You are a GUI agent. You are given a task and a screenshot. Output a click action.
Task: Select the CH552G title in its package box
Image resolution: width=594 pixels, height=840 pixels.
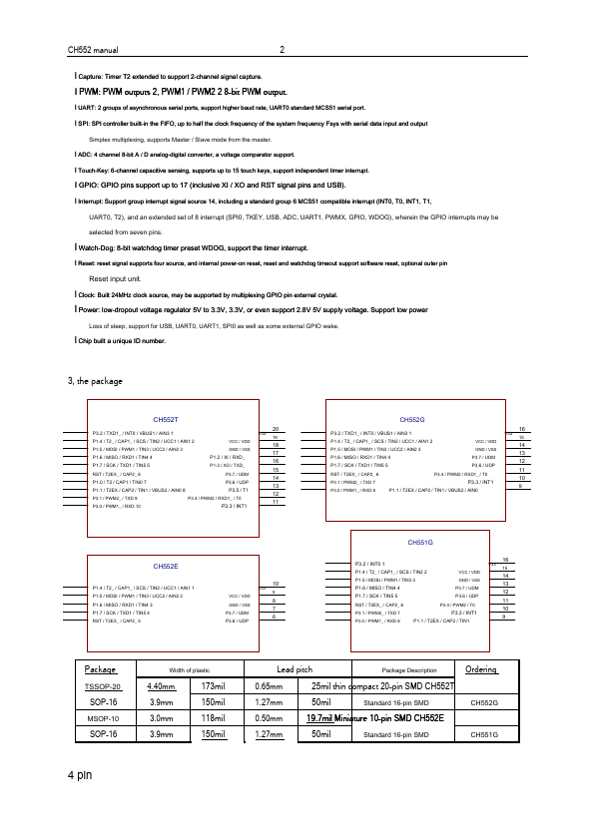(x=411, y=420)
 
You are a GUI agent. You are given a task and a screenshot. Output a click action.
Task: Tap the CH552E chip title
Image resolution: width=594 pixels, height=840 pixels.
(x=165, y=566)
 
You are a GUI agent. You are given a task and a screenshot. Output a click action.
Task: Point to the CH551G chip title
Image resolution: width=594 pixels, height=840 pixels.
(x=420, y=542)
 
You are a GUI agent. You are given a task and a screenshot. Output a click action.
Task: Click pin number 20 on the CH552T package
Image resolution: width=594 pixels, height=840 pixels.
(x=275, y=428)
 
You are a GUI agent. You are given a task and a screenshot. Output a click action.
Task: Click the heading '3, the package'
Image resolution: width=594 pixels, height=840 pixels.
(x=94, y=381)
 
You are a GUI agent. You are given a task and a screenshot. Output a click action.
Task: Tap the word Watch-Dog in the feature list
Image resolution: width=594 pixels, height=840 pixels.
(x=97, y=245)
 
